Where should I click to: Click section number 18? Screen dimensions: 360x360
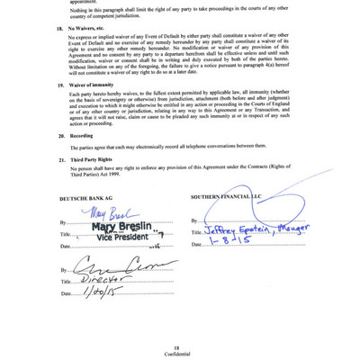point(60,29)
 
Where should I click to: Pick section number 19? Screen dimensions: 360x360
point(60,84)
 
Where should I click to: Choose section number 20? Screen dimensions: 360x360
point(60,135)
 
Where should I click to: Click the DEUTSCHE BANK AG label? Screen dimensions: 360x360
point(87,195)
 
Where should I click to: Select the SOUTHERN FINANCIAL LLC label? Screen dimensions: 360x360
point(225,195)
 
